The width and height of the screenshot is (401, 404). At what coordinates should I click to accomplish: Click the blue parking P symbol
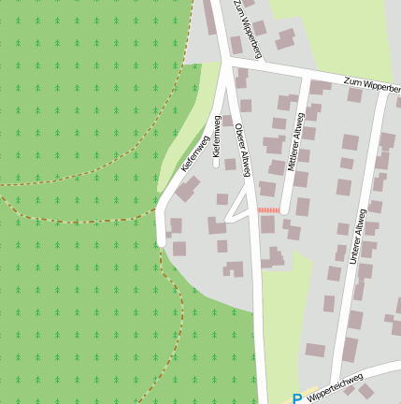(297, 398)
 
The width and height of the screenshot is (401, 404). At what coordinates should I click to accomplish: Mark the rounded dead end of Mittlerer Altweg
(284, 210)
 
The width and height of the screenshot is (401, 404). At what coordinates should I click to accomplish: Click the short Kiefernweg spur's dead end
(216, 164)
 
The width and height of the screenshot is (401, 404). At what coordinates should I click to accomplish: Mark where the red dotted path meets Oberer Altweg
(256, 210)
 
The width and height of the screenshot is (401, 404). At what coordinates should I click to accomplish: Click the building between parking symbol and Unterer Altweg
(315, 351)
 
